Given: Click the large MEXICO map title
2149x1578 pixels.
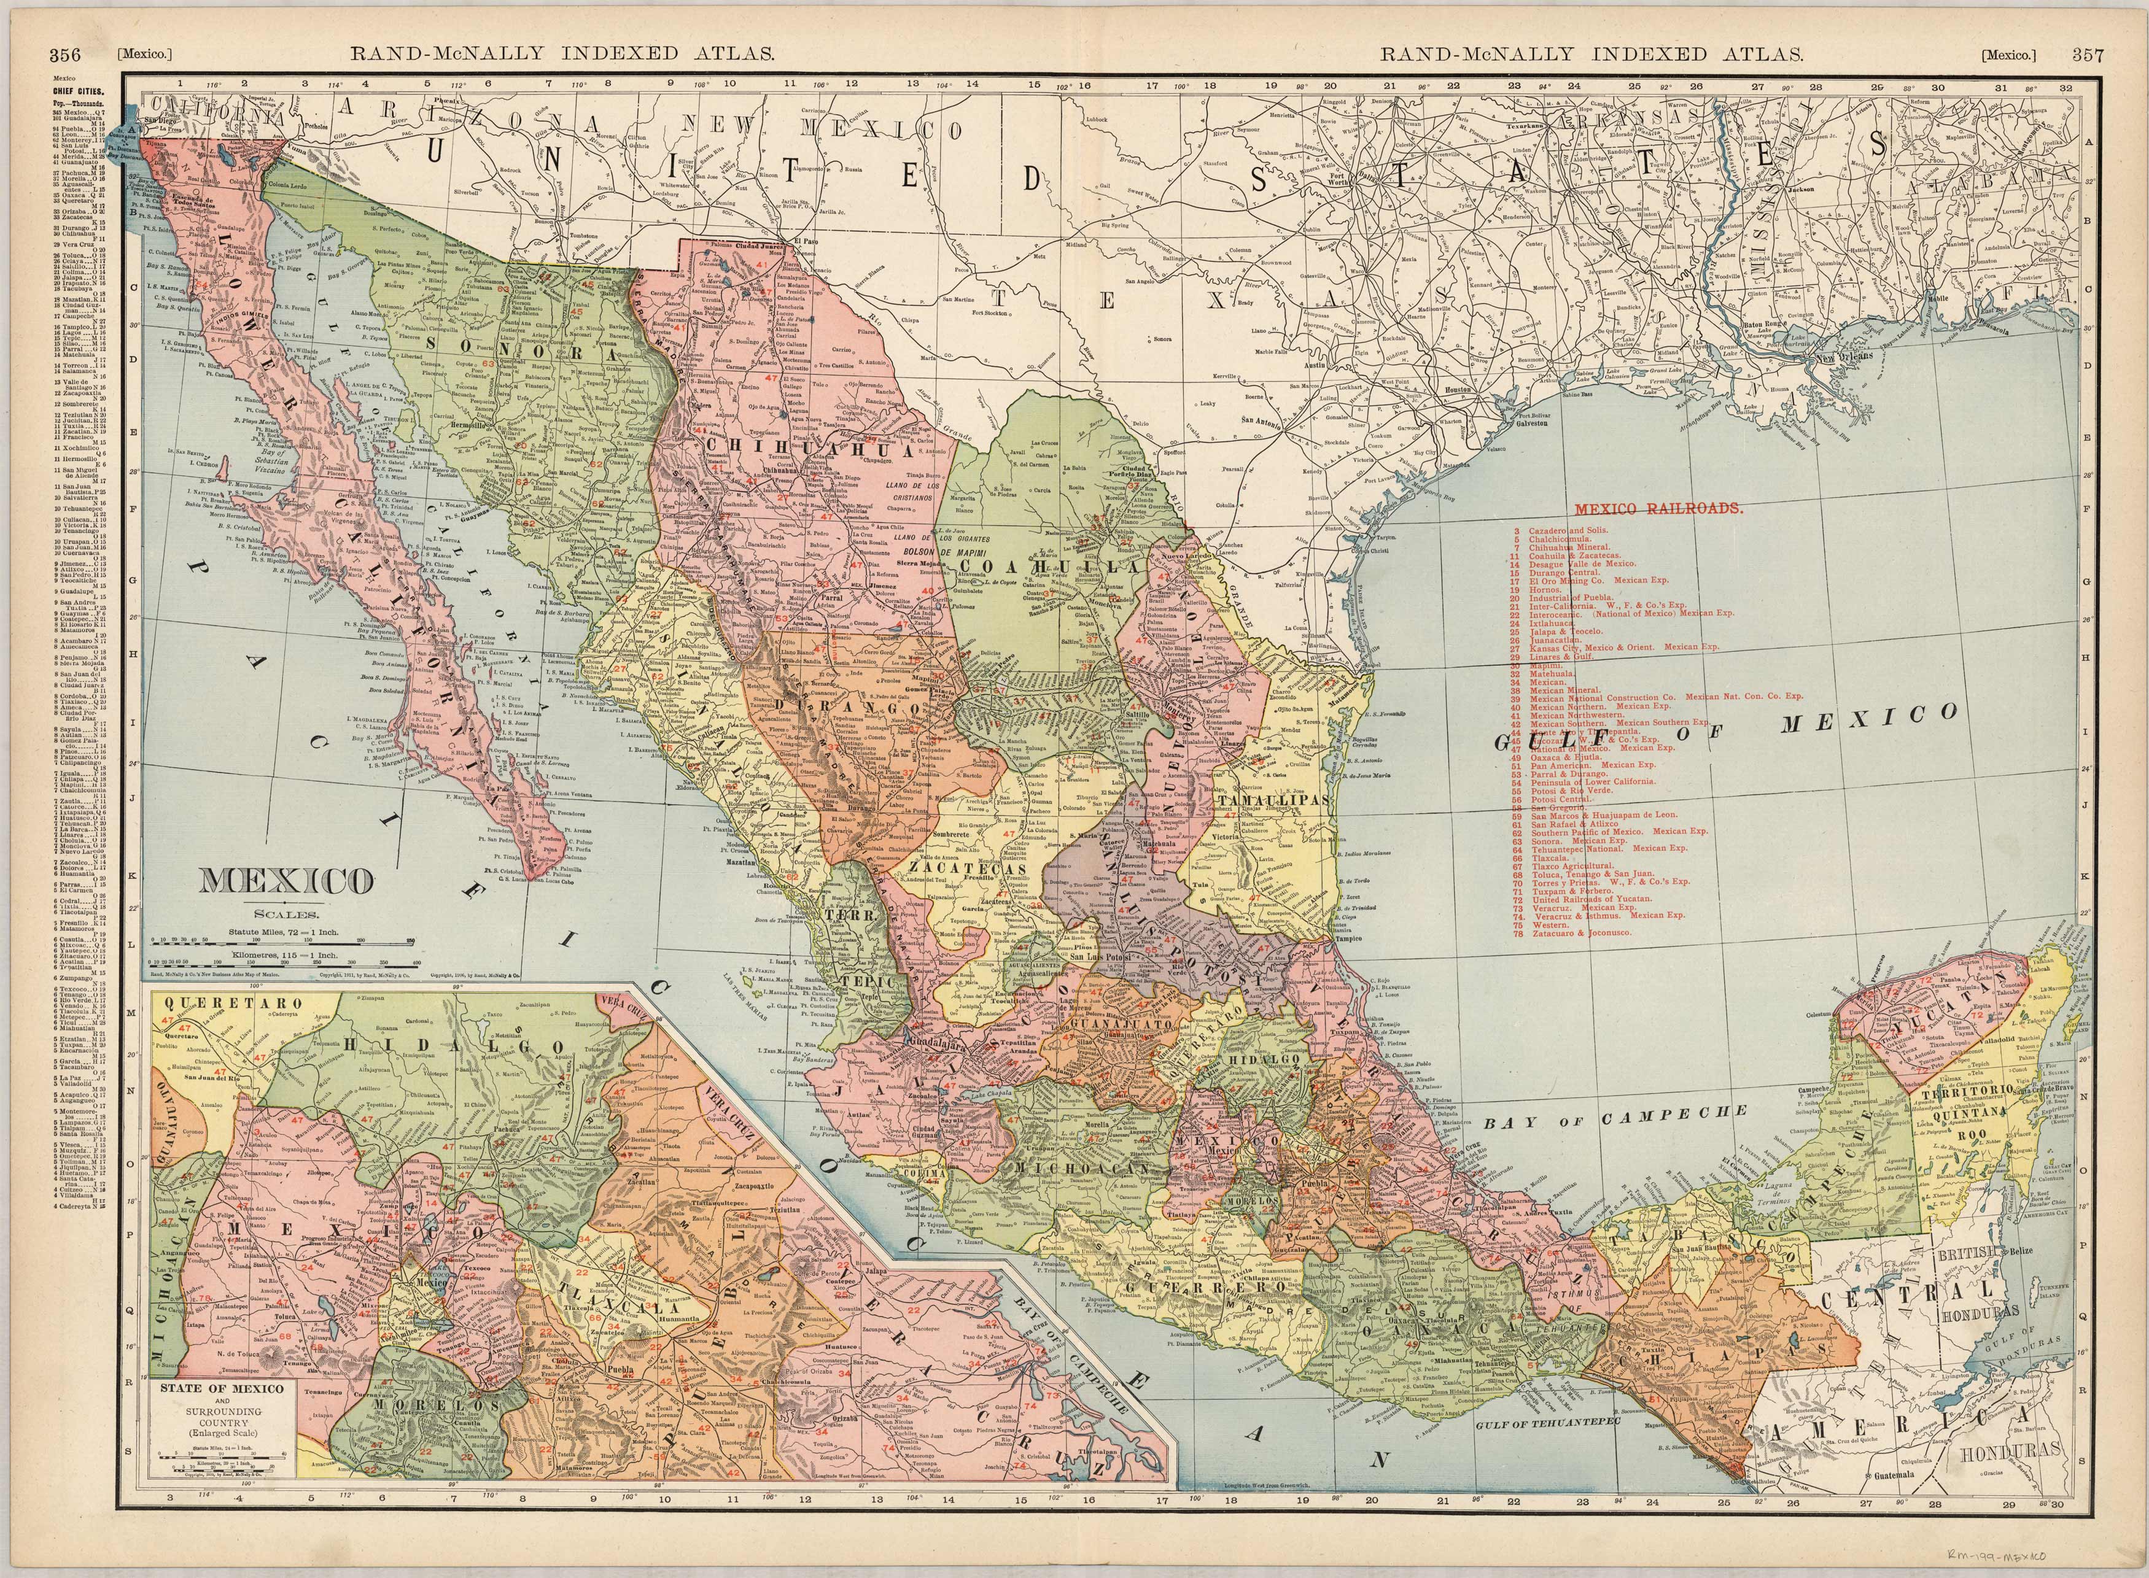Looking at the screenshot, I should [285, 881].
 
